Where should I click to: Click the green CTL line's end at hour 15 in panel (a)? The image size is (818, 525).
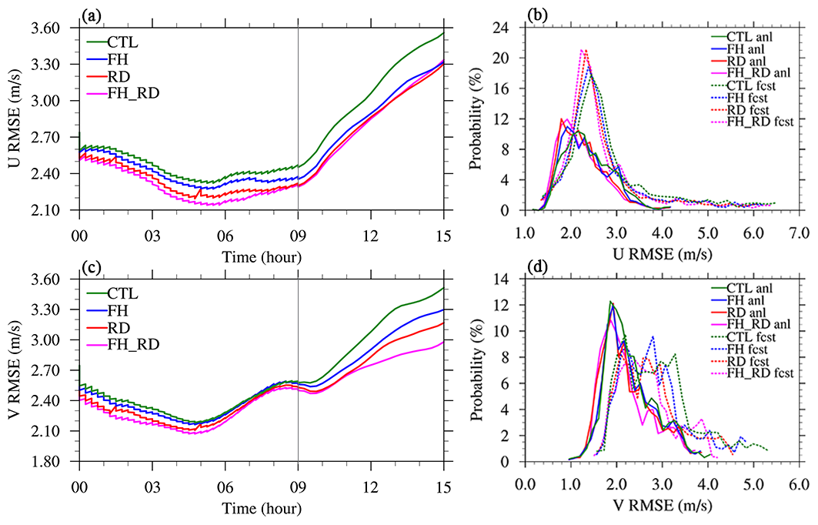click(x=442, y=33)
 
